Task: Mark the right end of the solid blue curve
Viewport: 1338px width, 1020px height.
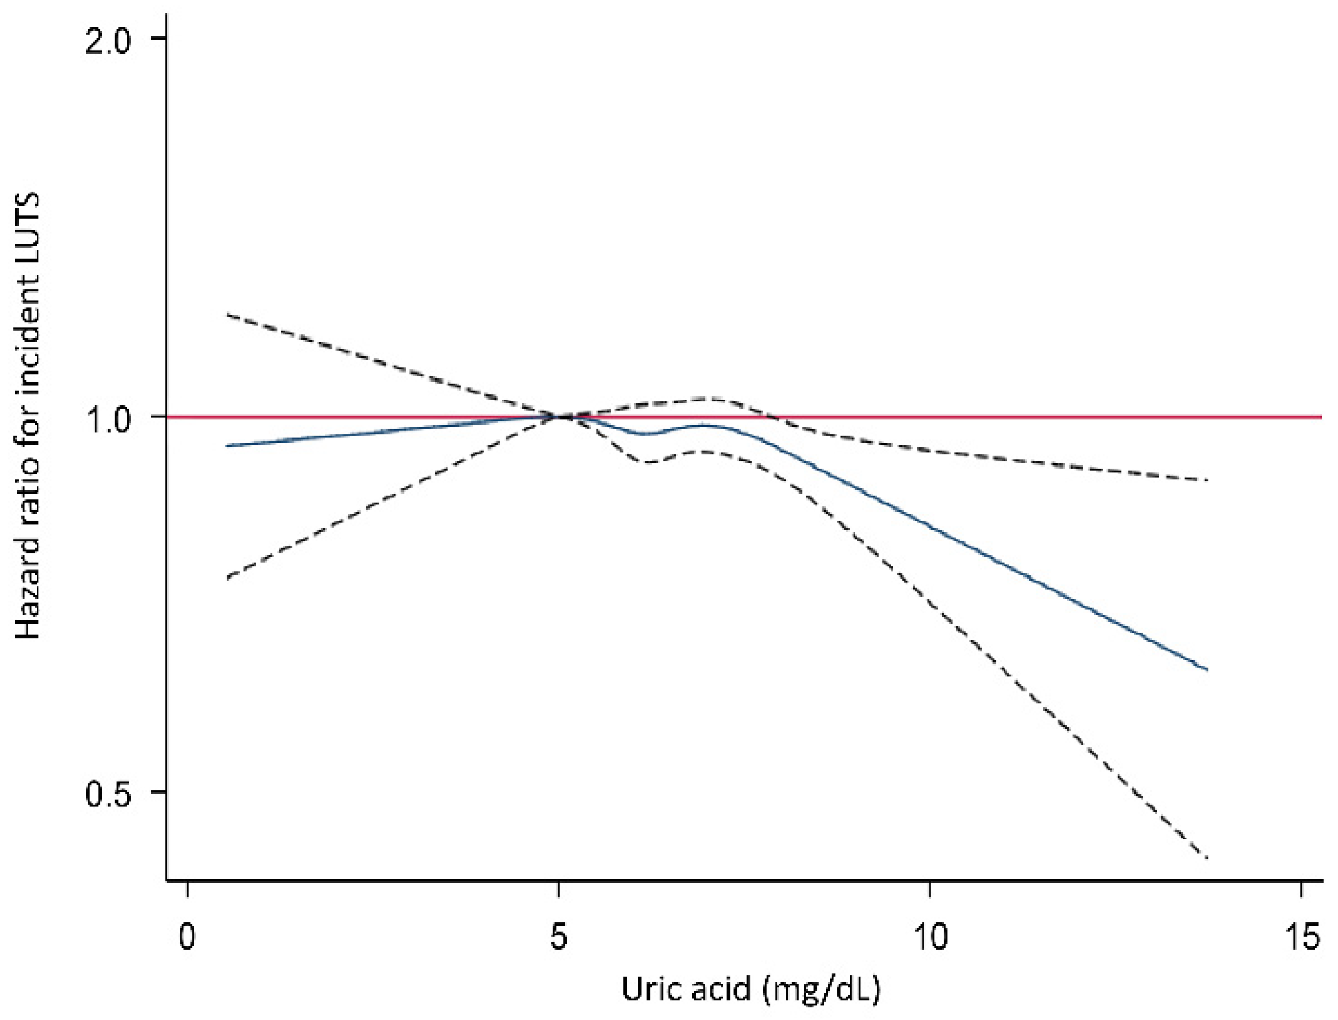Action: coord(1207,670)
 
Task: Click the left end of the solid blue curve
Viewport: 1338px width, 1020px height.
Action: coord(227,446)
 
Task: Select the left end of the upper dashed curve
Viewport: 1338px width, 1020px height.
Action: coord(227,314)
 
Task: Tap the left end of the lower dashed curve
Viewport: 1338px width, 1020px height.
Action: coord(227,579)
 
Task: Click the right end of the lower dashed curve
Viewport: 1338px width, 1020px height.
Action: coord(1207,859)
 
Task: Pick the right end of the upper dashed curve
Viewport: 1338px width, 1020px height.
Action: coord(1207,480)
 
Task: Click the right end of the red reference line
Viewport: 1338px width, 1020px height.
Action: coord(1321,417)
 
